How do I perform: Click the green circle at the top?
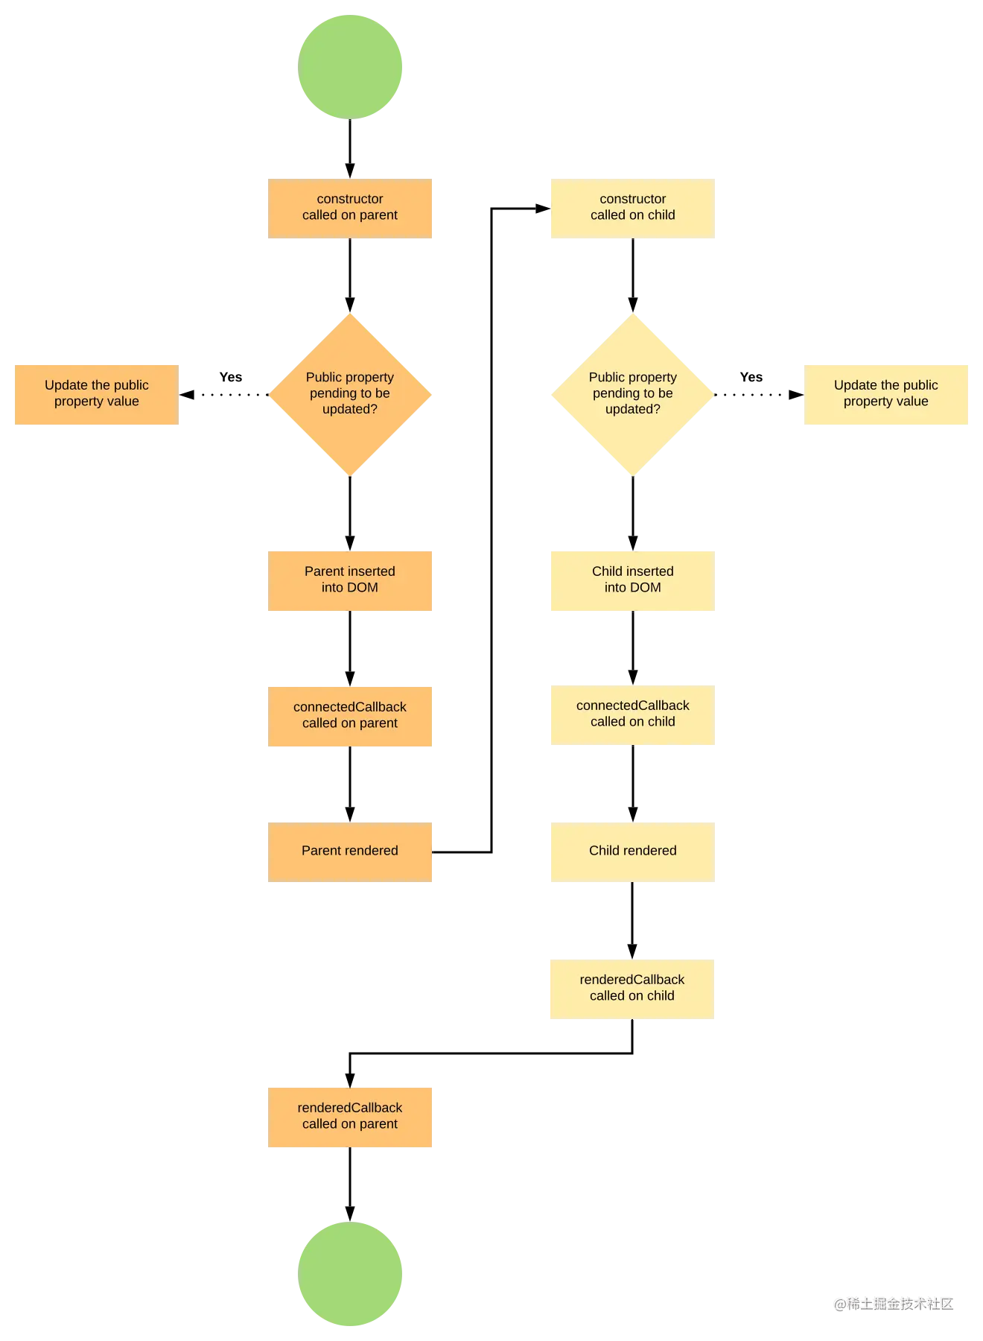pos(351,66)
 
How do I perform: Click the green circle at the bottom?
pos(351,1274)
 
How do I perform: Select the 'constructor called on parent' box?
pos(351,208)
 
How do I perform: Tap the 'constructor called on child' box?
pos(632,208)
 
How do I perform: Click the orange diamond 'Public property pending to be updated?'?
pos(351,393)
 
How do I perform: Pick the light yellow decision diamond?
pos(632,393)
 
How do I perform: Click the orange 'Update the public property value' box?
pos(95,395)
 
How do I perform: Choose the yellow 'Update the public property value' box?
pos(887,395)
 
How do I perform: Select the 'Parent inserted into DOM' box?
pos(351,580)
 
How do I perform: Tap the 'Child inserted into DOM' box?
pos(632,580)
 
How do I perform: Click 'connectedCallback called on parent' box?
pos(351,717)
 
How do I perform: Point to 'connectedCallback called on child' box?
pos(632,714)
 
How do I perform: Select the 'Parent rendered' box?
pos(351,852)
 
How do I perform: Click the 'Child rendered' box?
pos(632,852)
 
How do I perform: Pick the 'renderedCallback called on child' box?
pos(632,989)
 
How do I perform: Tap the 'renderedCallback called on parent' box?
pos(351,1116)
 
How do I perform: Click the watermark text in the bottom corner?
pos(892,1303)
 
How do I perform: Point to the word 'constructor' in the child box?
pos(632,199)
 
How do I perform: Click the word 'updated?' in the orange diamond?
pos(350,409)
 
